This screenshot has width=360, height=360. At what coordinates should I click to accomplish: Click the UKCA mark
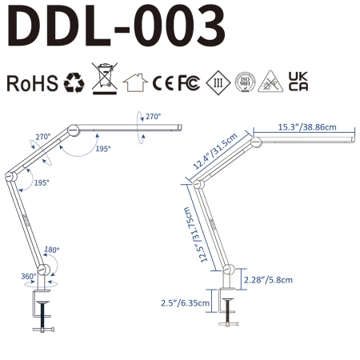click(x=298, y=83)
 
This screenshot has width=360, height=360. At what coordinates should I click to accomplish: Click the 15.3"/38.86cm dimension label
click(x=306, y=126)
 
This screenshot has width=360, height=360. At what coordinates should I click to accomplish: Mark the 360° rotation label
click(x=29, y=276)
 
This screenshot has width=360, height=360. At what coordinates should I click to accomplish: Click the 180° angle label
click(x=52, y=249)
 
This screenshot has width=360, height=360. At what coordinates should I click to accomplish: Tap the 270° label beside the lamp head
click(x=152, y=118)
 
